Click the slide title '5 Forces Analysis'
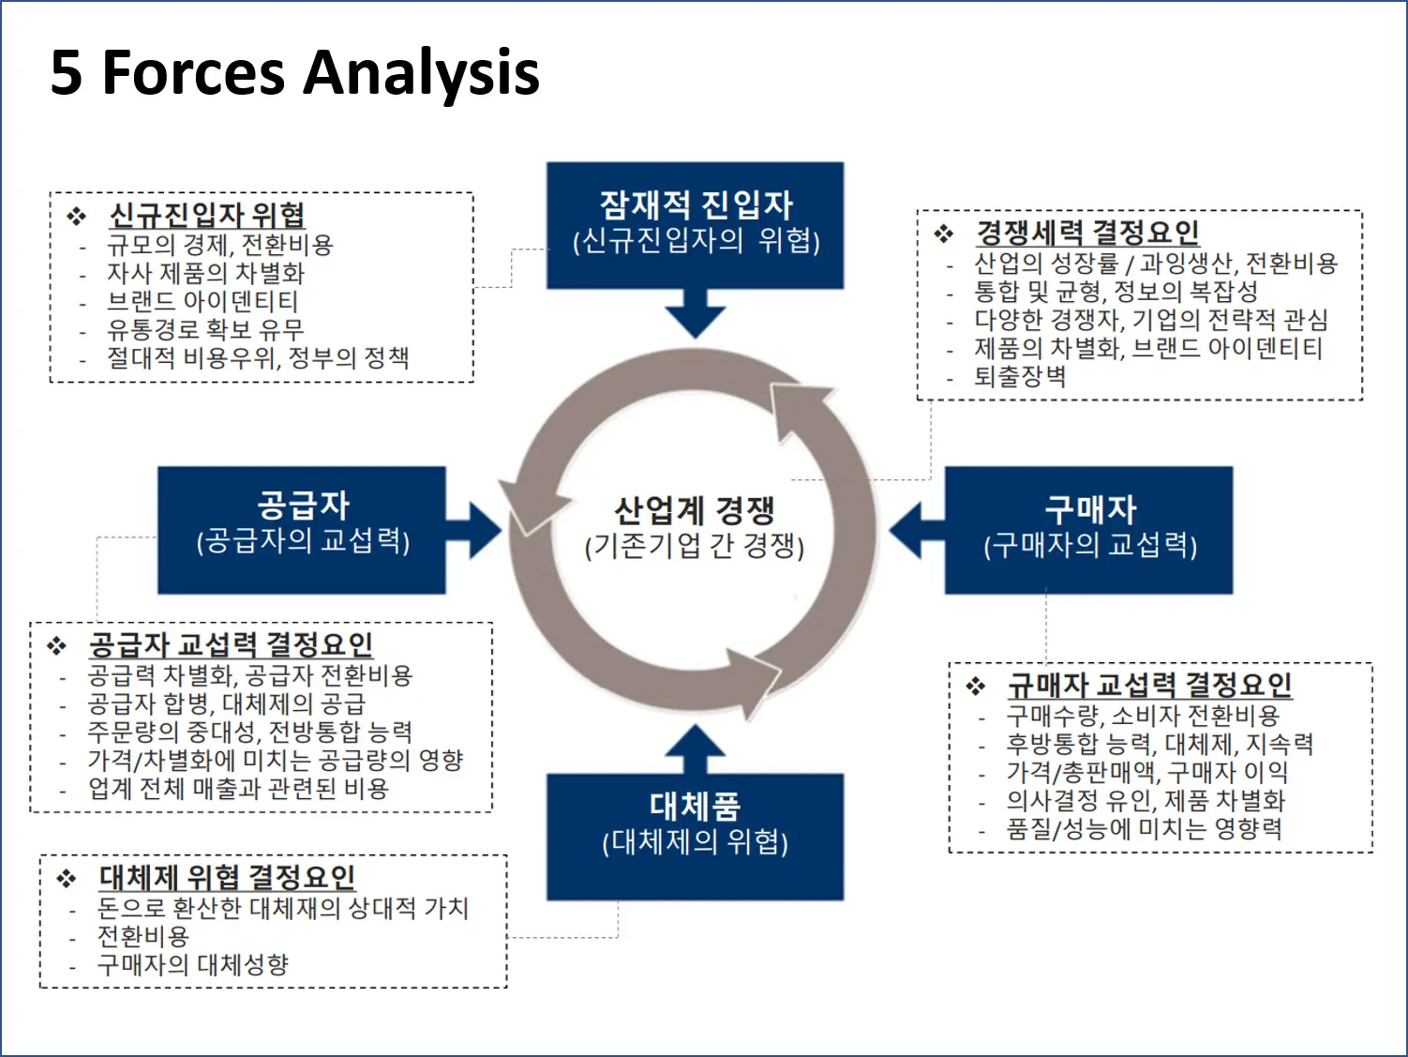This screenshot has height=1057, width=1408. point(294,73)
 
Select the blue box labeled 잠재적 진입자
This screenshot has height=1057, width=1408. point(695,224)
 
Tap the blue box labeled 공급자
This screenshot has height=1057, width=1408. point(301,529)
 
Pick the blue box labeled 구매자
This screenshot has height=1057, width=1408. point(1088,530)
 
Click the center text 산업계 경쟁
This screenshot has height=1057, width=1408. point(694,512)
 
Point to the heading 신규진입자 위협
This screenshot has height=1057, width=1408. point(206,215)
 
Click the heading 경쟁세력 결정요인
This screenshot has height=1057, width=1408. point(1086,232)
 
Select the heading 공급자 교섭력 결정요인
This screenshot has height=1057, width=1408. point(231,644)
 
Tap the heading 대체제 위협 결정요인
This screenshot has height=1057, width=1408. point(227,877)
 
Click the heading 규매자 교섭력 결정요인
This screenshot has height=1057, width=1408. point(1149,685)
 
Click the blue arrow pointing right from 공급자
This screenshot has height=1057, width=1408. point(474,531)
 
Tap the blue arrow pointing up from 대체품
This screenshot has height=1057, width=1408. point(695,749)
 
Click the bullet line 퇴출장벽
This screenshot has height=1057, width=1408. point(1019,376)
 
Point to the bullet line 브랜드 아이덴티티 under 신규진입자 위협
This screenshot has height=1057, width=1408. point(202,301)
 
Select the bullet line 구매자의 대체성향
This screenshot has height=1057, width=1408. point(192,964)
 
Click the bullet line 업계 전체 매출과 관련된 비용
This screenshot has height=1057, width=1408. point(238,788)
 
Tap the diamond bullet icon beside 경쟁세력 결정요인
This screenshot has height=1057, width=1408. point(943,234)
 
